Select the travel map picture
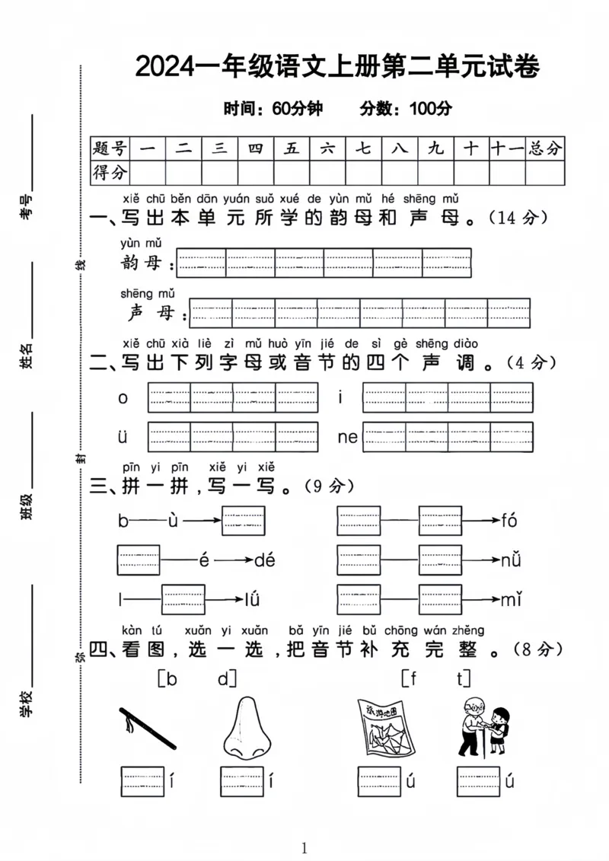coord(385,728)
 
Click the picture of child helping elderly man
coord(483,726)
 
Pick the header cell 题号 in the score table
coord(110,148)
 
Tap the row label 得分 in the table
coord(110,173)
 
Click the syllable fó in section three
coord(509,521)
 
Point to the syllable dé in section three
coord(264,561)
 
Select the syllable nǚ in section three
coord(510,561)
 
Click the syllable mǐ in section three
coord(510,600)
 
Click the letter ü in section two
coord(123,437)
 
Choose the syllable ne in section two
coord(347,437)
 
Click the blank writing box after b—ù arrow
coord(244,521)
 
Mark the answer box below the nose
coord(242,781)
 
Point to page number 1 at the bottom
coord(304,848)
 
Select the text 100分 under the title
coord(430,109)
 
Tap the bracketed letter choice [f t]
coord(436,678)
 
